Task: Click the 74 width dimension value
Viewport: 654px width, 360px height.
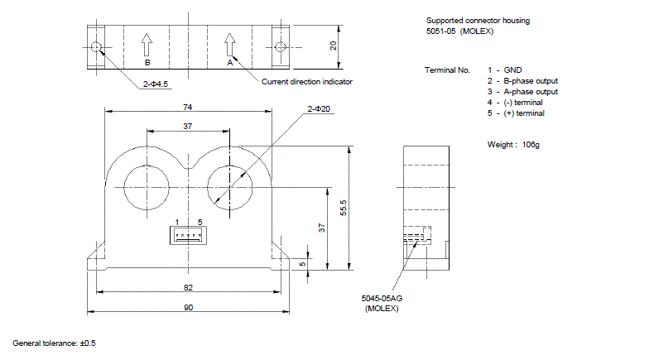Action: [x=188, y=108]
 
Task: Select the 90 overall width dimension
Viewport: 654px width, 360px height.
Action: [x=188, y=307]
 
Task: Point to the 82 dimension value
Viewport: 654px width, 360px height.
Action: [x=188, y=287]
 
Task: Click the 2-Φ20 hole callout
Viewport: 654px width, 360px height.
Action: [x=320, y=108]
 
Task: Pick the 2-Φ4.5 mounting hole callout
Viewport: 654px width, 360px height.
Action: [x=155, y=83]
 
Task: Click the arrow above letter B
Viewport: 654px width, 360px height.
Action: [x=147, y=43]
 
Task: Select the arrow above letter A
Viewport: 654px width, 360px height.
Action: [x=229, y=43]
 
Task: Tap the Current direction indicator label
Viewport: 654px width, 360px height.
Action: [x=307, y=82]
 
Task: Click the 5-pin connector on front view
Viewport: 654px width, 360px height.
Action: [x=188, y=237]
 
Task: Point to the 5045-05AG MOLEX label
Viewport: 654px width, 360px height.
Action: [x=382, y=303]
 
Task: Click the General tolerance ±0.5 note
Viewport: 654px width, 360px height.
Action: [x=55, y=343]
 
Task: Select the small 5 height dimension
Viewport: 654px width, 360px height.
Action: [x=303, y=265]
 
